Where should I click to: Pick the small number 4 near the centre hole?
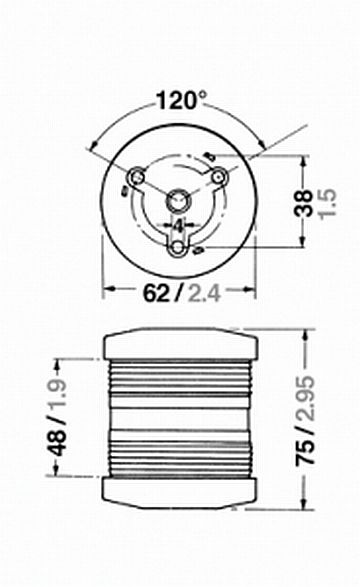coord(179,224)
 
